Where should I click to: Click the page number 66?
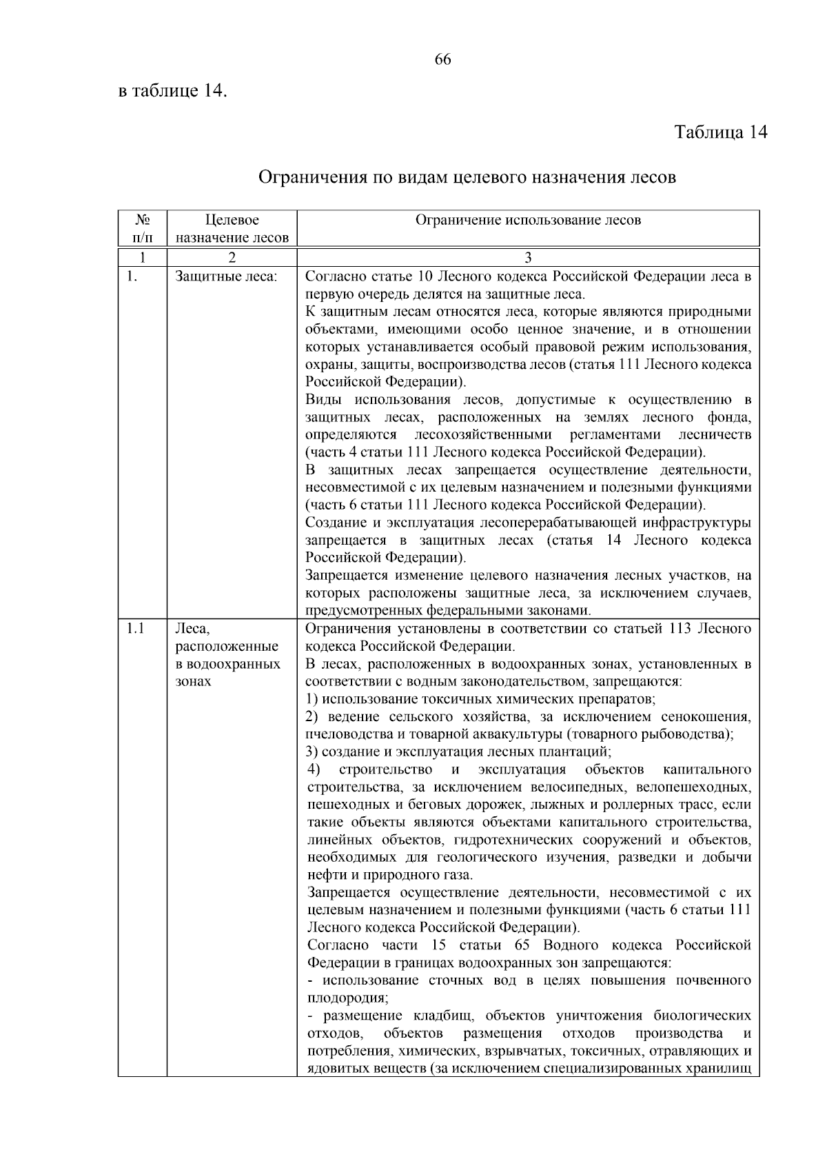[x=442, y=60]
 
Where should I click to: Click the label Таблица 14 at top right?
[x=720, y=132]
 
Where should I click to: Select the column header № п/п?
[x=142, y=229]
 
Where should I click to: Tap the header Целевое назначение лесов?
[x=232, y=229]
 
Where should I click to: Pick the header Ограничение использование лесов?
[x=528, y=221]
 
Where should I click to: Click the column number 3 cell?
[x=528, y=259]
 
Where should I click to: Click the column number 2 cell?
[x=232, y=259]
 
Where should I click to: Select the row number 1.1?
[x=136, y=629]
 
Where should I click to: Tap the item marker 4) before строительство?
[x=314, y=769]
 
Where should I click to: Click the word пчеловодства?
[x=347, y=734]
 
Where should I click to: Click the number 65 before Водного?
[x=522, y=945]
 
